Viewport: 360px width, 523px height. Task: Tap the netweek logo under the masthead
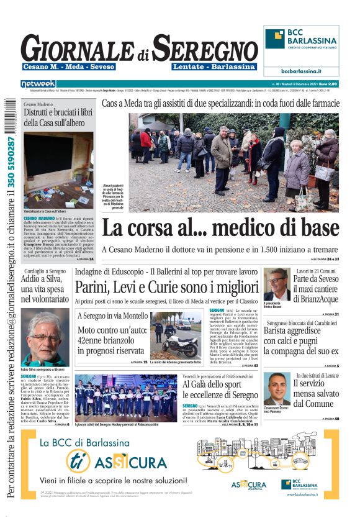(38, 83)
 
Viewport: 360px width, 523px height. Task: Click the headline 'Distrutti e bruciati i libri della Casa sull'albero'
(58, 117)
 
